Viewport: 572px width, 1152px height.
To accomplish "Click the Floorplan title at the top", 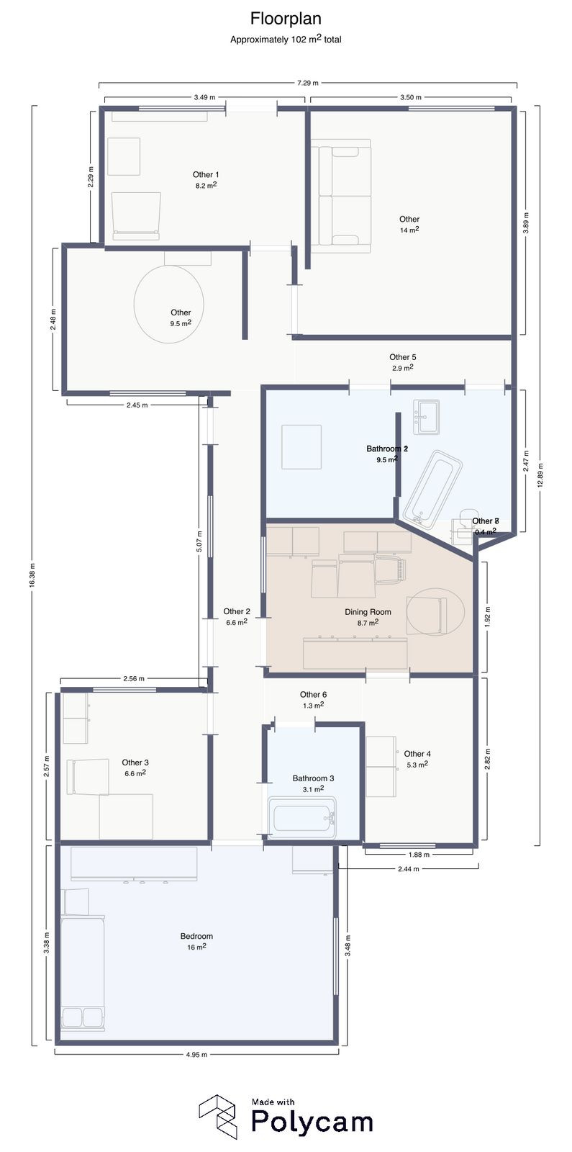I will tap(286, 18).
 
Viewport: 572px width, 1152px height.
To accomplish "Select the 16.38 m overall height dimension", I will tap(32, 575).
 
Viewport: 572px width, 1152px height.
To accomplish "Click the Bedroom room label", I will tap(196, 937).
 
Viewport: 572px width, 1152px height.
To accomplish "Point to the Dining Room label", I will tap(368, 612).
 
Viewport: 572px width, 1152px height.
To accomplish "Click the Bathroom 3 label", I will tap(313, 778).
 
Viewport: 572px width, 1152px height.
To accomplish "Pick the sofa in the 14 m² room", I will tap(341, 195).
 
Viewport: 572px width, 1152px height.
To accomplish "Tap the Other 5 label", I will tap(402, 357).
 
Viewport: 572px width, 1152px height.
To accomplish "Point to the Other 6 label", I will tap(313, 695).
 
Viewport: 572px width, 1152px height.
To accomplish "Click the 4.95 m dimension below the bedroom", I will tap(196, 1055).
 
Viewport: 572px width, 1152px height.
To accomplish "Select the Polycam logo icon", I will tap(218, 1117).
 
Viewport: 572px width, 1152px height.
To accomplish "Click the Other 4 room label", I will tap(417, 754).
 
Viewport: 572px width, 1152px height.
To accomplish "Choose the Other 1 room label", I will tap(206, 175).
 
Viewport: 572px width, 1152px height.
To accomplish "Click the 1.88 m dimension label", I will tap(419, 855).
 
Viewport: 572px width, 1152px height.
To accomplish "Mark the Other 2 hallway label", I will tap(237, 612).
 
